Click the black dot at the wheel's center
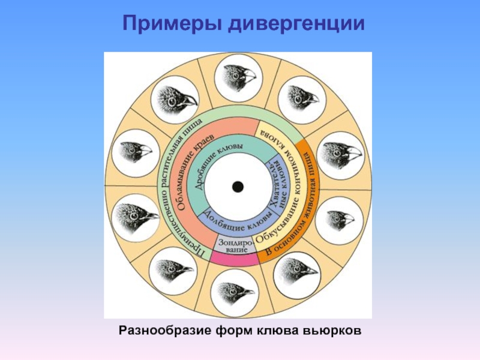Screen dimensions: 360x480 tap(238, 187)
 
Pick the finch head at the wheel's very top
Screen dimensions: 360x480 tap(238, 78)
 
